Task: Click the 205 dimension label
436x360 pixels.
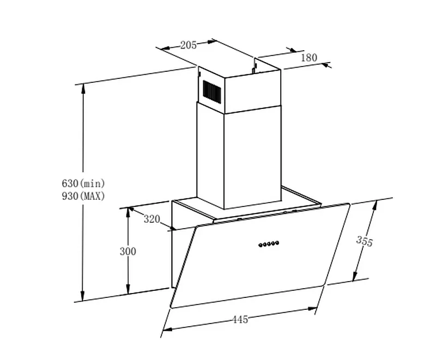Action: pyautogui.click(x=188, y=45)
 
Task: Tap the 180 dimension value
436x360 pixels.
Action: pyautogui.click(x=308, y=58)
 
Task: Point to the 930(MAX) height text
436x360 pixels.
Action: pyautogui.click(x=83, y=196)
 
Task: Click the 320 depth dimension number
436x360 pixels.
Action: pyautogui.click(x=152, y=219)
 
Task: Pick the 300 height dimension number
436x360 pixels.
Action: pyautogui.click(x=128, y=251)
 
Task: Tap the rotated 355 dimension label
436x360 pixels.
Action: pyautogui.click(x=364, y=241)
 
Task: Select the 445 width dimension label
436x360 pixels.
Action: pyautogui.click(x=240, y=320)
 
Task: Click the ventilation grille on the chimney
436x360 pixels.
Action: pyautogui.click(x=212, y=91)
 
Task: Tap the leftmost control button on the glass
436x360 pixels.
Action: pyautogui.click(x=261, y=245)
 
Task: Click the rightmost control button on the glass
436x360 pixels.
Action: pyautogui.click(x=277, y=243)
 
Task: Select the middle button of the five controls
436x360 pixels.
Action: pyautogui.click(x=269, y=244)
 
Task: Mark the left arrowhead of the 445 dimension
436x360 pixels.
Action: pyautogui.click(x=165, y=329)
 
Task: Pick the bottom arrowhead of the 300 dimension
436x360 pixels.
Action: pyautogui.click(x=128, y=291)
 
